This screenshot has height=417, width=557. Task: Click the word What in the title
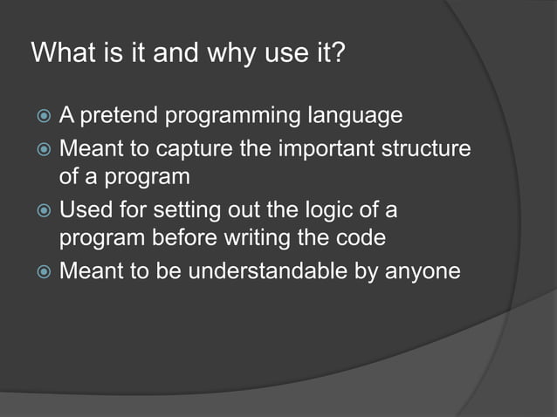pyautogui.click(x=60, y=54)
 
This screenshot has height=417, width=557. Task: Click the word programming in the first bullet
pyautogui.click(x=228, y=117)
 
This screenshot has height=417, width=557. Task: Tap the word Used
pyautogui.click(x=82, y=211)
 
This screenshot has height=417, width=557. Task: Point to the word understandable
pyautogui.click(x=264, y=272)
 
